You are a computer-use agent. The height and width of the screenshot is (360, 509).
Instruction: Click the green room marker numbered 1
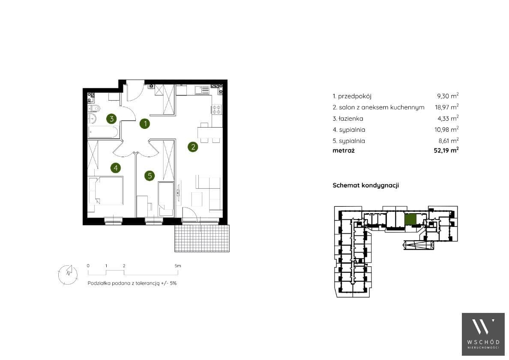(145, 123)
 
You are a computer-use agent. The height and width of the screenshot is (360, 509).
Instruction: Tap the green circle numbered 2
(193, 147)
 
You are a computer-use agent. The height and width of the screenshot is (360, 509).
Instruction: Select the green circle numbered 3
(112, 119)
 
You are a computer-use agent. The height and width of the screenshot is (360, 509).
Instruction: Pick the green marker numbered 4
(116, 168)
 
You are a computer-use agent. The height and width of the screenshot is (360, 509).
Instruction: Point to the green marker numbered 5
(150, 176)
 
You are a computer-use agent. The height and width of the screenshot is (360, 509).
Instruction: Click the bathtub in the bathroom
(103, 132)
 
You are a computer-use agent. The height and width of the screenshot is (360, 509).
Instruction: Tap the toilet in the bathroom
(94, 108)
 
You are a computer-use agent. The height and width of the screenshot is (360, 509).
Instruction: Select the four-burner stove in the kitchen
(217, 109)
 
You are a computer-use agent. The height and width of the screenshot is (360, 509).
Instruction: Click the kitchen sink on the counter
(202, 89)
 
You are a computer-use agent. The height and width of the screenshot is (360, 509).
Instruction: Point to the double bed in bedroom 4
(105, 190)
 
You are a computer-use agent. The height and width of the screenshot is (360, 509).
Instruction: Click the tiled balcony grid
(202, 238)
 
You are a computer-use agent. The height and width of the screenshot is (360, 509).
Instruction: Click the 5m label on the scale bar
(177, 266)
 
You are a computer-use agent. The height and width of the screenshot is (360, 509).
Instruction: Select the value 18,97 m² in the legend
(447, 107)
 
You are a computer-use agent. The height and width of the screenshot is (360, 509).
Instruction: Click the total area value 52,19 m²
(446, 150)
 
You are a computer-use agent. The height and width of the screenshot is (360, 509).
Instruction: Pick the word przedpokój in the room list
(354, 96)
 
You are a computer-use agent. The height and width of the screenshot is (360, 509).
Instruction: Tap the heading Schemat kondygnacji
(366, 185)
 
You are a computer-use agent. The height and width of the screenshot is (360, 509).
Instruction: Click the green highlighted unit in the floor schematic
(410, 220)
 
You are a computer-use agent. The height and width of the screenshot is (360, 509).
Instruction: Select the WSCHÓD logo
(483, 334)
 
